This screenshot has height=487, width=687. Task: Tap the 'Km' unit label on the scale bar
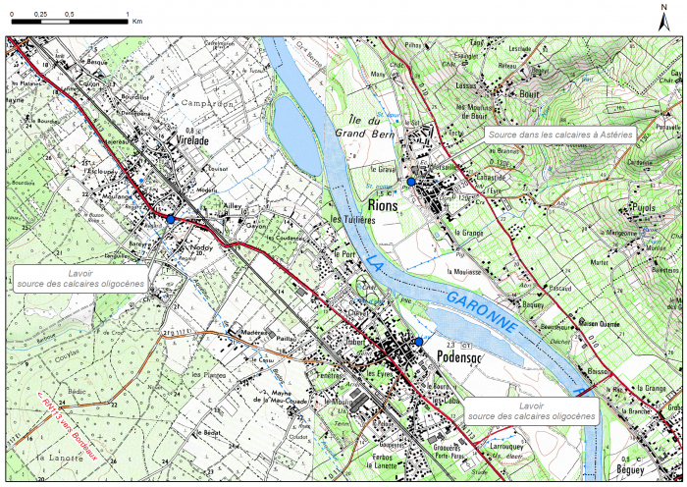[x=136, y=20]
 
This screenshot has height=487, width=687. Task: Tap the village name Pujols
[x=644, y=208]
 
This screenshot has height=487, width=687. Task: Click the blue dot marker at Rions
[x=411, y=181]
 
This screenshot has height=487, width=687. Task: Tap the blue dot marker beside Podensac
[x=419, y=341]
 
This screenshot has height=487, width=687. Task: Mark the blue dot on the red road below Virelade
[x=171, y=220]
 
